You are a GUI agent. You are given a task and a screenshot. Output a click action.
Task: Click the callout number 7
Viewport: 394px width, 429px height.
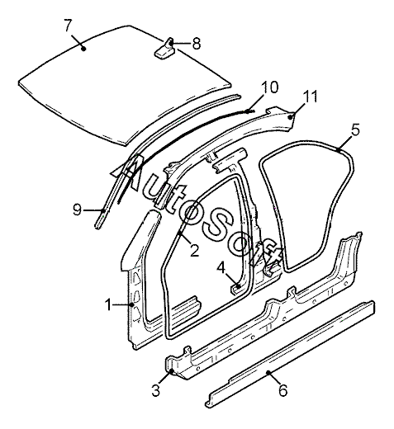pyautogui.click(x=69, y=26)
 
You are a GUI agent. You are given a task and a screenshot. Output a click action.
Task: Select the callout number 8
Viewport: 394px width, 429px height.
pyautogui.click(x=197, y=44)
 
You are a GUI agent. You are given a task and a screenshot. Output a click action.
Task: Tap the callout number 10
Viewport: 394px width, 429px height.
pyautogui.click(x=269, y=87)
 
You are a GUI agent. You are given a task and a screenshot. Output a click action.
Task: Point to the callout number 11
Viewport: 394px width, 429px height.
pyautogui.click(x=310, y=97)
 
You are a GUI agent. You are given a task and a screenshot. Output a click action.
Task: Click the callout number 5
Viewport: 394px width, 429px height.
pyautogui.click(x=355, y=130)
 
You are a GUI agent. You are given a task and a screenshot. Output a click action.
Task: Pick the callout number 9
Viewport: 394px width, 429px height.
pyautogui.click(x=78, y=210)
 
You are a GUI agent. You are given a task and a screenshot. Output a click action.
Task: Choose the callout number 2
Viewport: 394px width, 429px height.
pyautogui.click(x=194, y=251)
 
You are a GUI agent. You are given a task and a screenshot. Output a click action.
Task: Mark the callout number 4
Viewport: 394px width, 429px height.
pyautogui.click(x=221, y=268)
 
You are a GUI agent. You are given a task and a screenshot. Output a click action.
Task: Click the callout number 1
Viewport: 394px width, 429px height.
pyautogui.click(x=109, y=304)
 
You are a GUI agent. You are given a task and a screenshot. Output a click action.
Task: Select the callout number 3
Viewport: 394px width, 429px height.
pyautogui.click(x=156, y=389)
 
